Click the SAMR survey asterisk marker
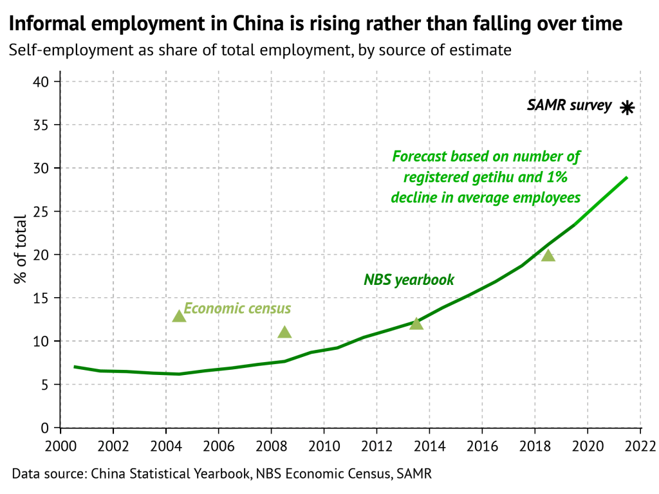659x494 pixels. pos(627,108)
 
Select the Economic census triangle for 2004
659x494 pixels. pos(179,316)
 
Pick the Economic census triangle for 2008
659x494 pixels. pos(284,332)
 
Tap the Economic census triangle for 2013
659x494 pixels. pos(416,323)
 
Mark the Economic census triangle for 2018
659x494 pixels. pos(548,255)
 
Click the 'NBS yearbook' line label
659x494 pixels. pos(409,280)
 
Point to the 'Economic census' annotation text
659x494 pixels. pos(237,309)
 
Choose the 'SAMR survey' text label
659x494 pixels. pos(569,105)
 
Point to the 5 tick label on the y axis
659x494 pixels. pos(46,385)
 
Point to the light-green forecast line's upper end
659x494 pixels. pos(626,178)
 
